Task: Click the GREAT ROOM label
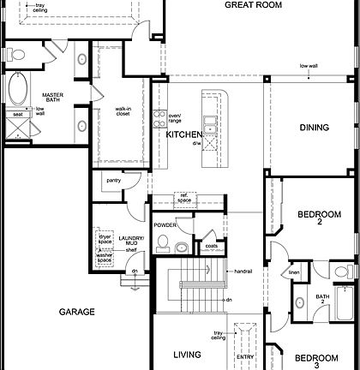point(254,5)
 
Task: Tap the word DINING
point(314,128)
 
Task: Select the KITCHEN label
point(183,135)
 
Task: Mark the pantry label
point(113,181)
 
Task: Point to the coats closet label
point(210,246)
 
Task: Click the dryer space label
point(105,240)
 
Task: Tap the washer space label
point(105,256)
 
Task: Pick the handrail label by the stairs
point(243,272)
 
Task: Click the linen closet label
point(294,272)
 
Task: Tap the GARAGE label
point(76,312)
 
